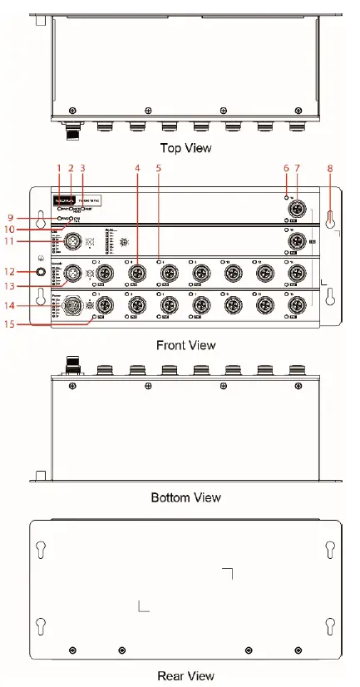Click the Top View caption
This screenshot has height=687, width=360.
185,149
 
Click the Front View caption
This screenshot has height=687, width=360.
185,343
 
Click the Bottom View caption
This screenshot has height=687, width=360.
185,497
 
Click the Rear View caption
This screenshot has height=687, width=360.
185,676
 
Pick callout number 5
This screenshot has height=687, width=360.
159,169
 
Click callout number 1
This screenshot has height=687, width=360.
59,169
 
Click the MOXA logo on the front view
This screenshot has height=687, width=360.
64,201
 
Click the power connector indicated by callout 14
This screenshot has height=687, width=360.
72,305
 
